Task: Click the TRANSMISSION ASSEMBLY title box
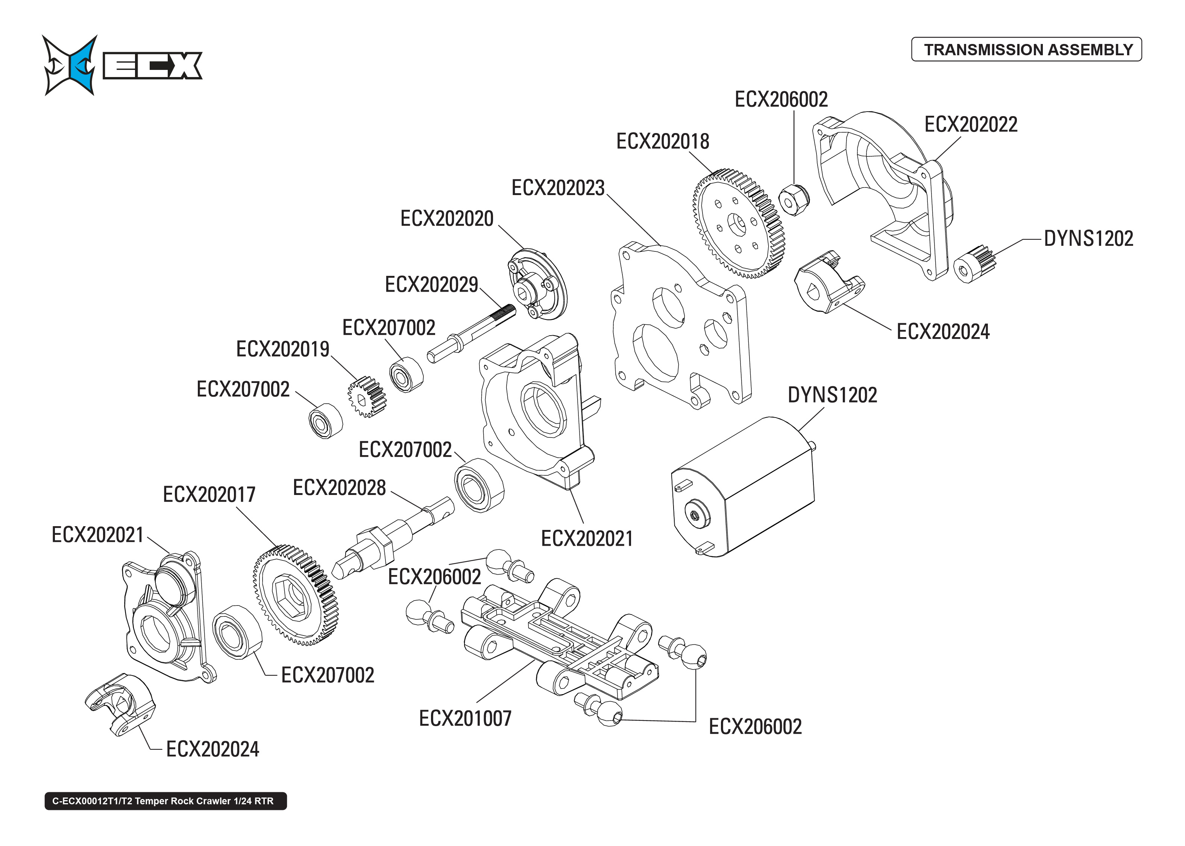[1026, 50]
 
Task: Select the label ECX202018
[662, 142]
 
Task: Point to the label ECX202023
[558, 188]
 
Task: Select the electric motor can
[743, 487]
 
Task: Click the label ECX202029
[431, 285]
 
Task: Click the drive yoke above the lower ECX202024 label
[120, 703]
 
